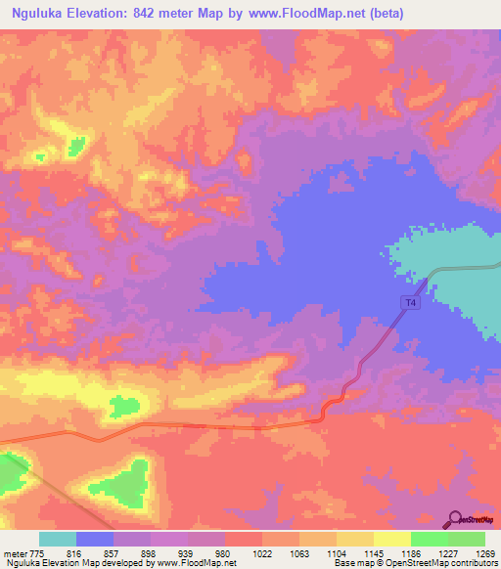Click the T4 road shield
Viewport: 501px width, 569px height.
tap(410, 304)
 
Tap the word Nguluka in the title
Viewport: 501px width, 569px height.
tap(43, 14)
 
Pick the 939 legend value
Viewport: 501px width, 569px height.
tap(174, 552)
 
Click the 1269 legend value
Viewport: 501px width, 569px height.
tap(472, 552)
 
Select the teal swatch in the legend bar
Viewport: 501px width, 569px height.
tap(58, 539)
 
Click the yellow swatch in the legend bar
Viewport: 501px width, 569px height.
tap(391, 539)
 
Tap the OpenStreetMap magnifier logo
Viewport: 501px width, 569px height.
tap(456, 518)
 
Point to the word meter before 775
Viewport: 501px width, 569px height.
tap(16, 552)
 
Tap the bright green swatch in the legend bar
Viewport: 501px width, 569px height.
tap(429, 539)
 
